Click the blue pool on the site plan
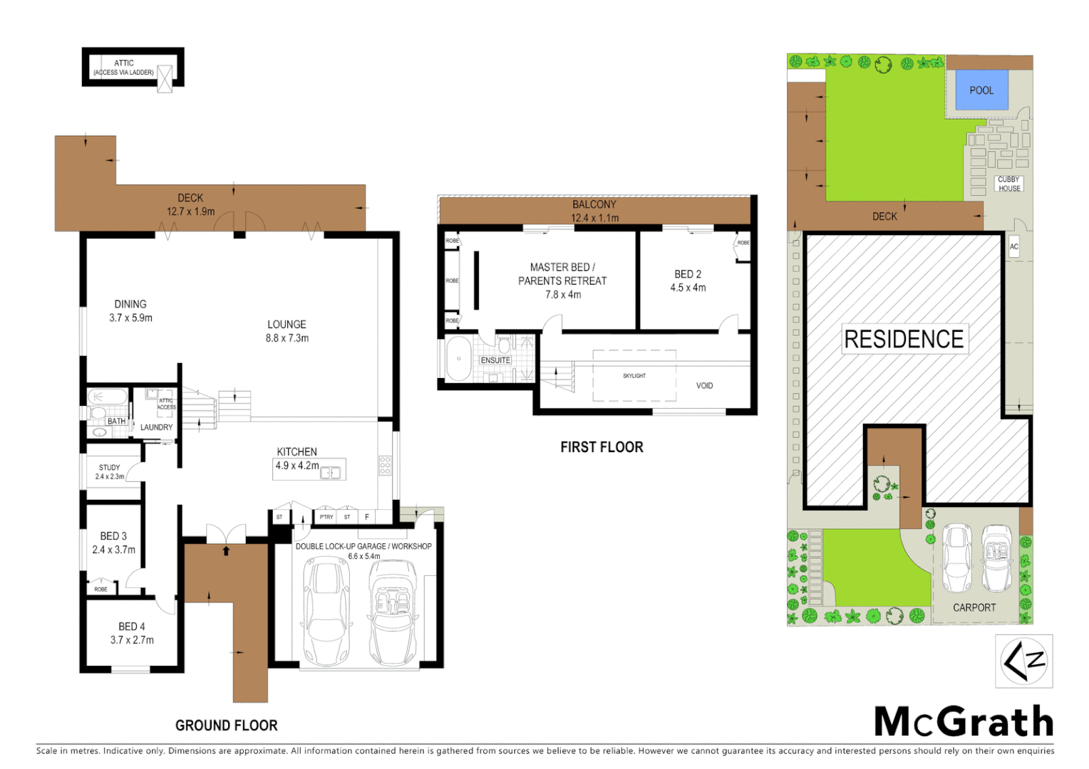click(x=981, y=90)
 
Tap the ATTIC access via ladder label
click(x=123, y=68)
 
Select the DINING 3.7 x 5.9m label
click(x=130, y=311)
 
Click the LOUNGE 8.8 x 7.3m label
click(x=287, y=331)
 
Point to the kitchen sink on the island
click(x=330, y=472)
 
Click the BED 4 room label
click(x=132, y=633)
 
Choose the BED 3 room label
click(x=113, y=543)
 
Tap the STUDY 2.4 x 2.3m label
click(x=110, y=472)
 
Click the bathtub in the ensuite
click(x=458, y=360)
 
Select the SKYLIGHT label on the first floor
click(x=634, y=376)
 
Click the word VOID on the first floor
click(x=704, y=386)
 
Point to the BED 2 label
click(x=688, y=281)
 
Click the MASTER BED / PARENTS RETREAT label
click(x=562, y=281)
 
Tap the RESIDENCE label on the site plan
click(x=904, y=339)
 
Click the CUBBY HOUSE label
click(x=1008, y=184)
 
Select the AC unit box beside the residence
click(x=1013, y=247)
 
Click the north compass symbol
click(x=1023, y=661)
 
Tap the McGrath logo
click(x=964, y=722)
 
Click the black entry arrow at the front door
click(x=226, y=550)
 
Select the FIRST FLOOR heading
click(x=602, y=447)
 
